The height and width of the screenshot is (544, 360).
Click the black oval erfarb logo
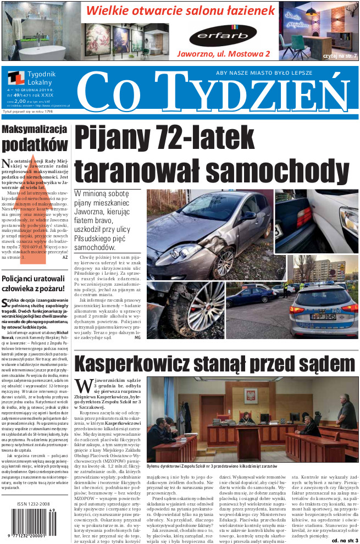pos(223,36)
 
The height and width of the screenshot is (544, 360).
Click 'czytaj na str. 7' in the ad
pos(340,55)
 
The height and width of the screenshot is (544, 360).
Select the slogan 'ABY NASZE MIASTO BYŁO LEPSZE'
pos(263,73)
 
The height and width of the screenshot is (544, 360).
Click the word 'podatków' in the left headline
pos(34,145)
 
